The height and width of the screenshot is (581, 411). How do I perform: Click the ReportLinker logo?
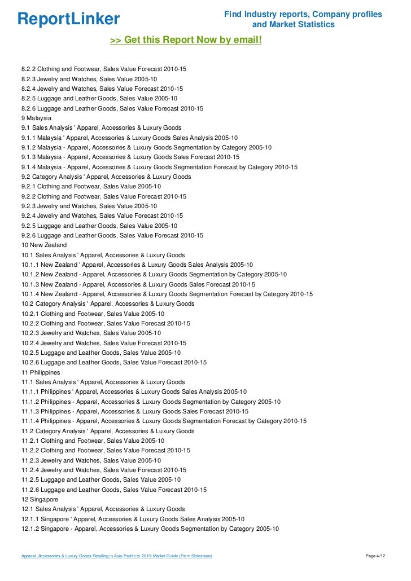point(68,19)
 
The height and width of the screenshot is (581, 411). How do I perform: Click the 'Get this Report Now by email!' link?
point(186,40)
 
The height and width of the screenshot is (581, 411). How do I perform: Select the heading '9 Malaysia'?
point(36,118)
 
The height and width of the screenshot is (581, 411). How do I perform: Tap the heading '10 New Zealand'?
point(44,245)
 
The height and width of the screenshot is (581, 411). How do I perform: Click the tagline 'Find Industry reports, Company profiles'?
point(303,14)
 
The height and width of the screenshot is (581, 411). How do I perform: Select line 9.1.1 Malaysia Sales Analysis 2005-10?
point(129,138)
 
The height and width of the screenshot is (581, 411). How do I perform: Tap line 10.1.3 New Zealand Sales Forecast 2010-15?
point(138,284)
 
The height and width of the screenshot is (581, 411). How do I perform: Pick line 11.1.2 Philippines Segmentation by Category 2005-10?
point(151,402)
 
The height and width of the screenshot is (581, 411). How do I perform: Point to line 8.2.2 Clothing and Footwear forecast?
point(103,69)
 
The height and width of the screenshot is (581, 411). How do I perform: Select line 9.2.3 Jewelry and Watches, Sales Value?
point(89,206)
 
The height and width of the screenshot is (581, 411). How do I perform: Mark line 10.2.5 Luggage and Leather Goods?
point(101,353)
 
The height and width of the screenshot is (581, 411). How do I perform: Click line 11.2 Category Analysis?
point(108,431)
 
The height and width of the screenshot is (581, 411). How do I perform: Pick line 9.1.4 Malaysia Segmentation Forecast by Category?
point(159,167)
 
